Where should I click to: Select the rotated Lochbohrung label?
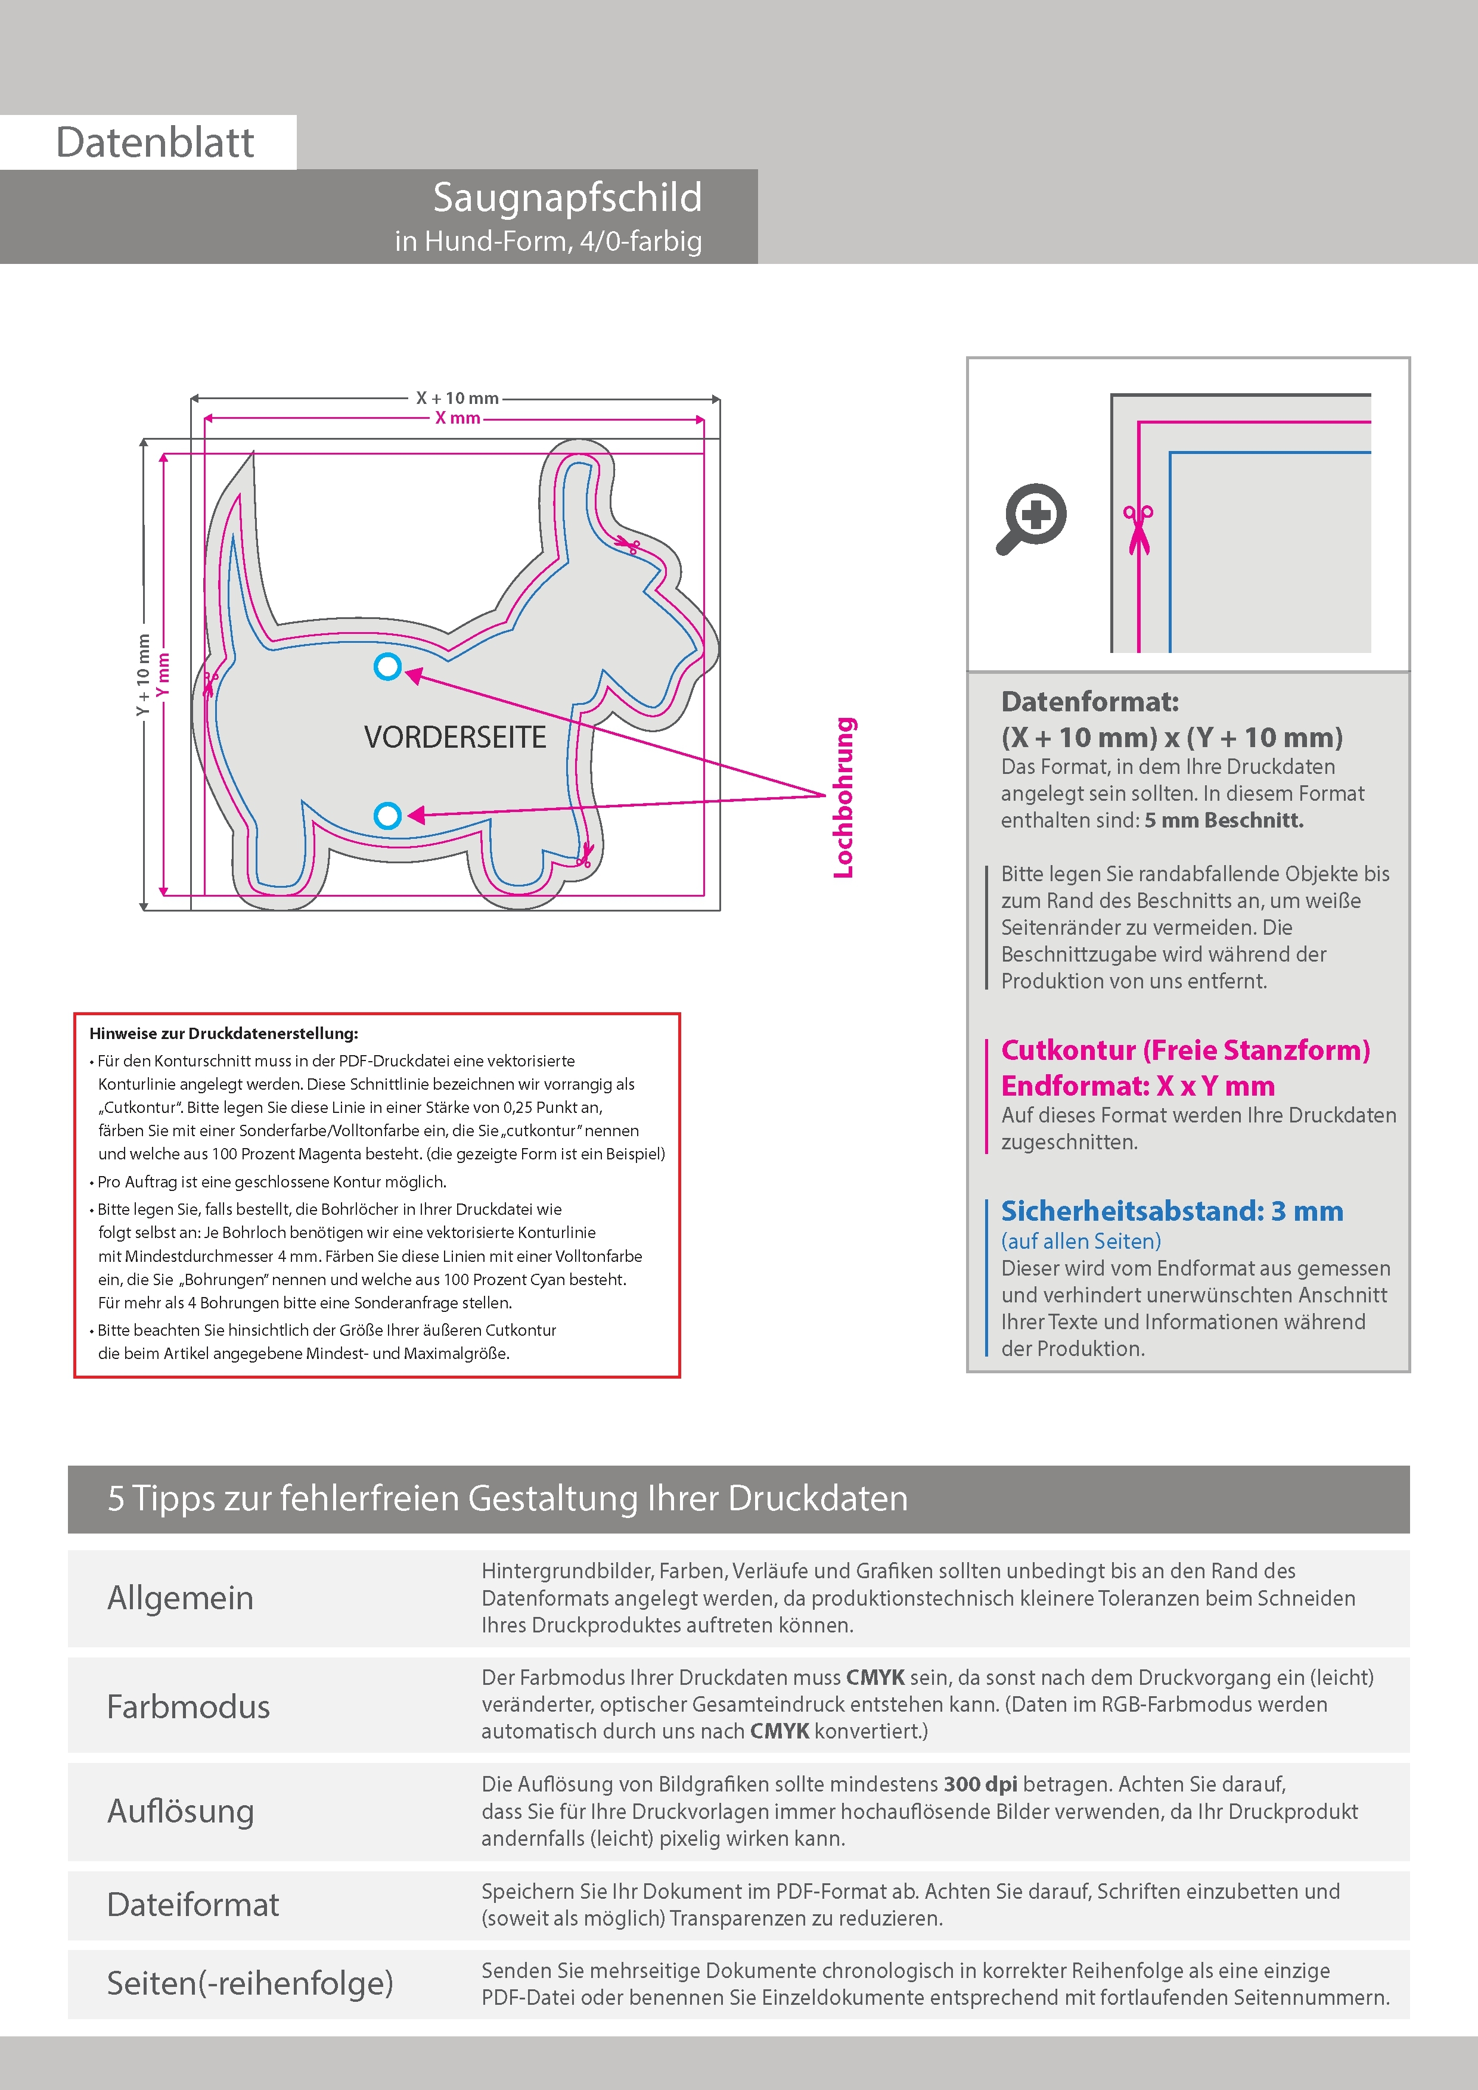844,797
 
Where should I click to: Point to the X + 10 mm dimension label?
457,398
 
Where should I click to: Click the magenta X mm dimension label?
457,418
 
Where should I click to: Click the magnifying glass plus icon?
1032,518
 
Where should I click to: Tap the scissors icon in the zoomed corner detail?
1138,528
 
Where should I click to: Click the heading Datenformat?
1089,702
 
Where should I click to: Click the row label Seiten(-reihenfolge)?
250,1983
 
